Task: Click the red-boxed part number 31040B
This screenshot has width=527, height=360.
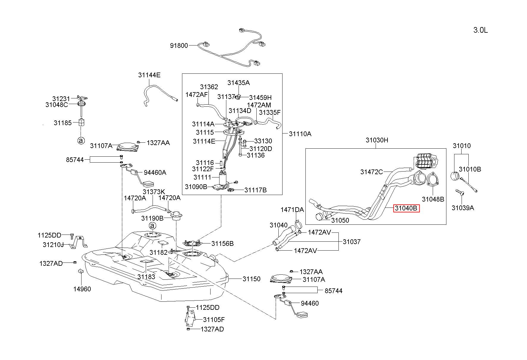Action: click(x=406, y=208)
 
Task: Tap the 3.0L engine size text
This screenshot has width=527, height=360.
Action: click(x=480, y=30)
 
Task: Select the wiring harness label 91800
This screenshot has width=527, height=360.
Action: click(x=179, y=45)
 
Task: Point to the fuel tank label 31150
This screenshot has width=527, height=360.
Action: click(x=252, y=279)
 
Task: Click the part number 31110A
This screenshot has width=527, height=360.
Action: click(x=300, y=134)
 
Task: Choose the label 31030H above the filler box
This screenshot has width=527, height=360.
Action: click(x=377, y=140)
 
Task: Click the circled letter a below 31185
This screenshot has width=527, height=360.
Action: click(x=81, y=141)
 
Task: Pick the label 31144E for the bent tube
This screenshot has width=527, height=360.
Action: click(x=149, y=75)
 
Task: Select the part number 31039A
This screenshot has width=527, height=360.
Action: click(x=463, y=208)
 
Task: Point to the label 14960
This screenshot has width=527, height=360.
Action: click(x=82, y=289)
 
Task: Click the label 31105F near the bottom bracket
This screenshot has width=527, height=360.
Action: click(x=214, y=320)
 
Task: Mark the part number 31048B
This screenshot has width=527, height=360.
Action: click(x=433, y=199)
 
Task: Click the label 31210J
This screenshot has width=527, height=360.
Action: click(x=53, y=245)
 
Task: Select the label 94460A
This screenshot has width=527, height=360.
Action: click(x=155, y=172)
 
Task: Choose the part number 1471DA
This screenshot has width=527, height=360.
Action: click(x=292, y=210)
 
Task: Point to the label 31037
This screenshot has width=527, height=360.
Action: click(x=352, y=242)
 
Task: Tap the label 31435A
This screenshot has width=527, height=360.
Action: click(x=239, y=83)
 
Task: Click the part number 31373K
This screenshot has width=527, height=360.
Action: click(x=154, y=192)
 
